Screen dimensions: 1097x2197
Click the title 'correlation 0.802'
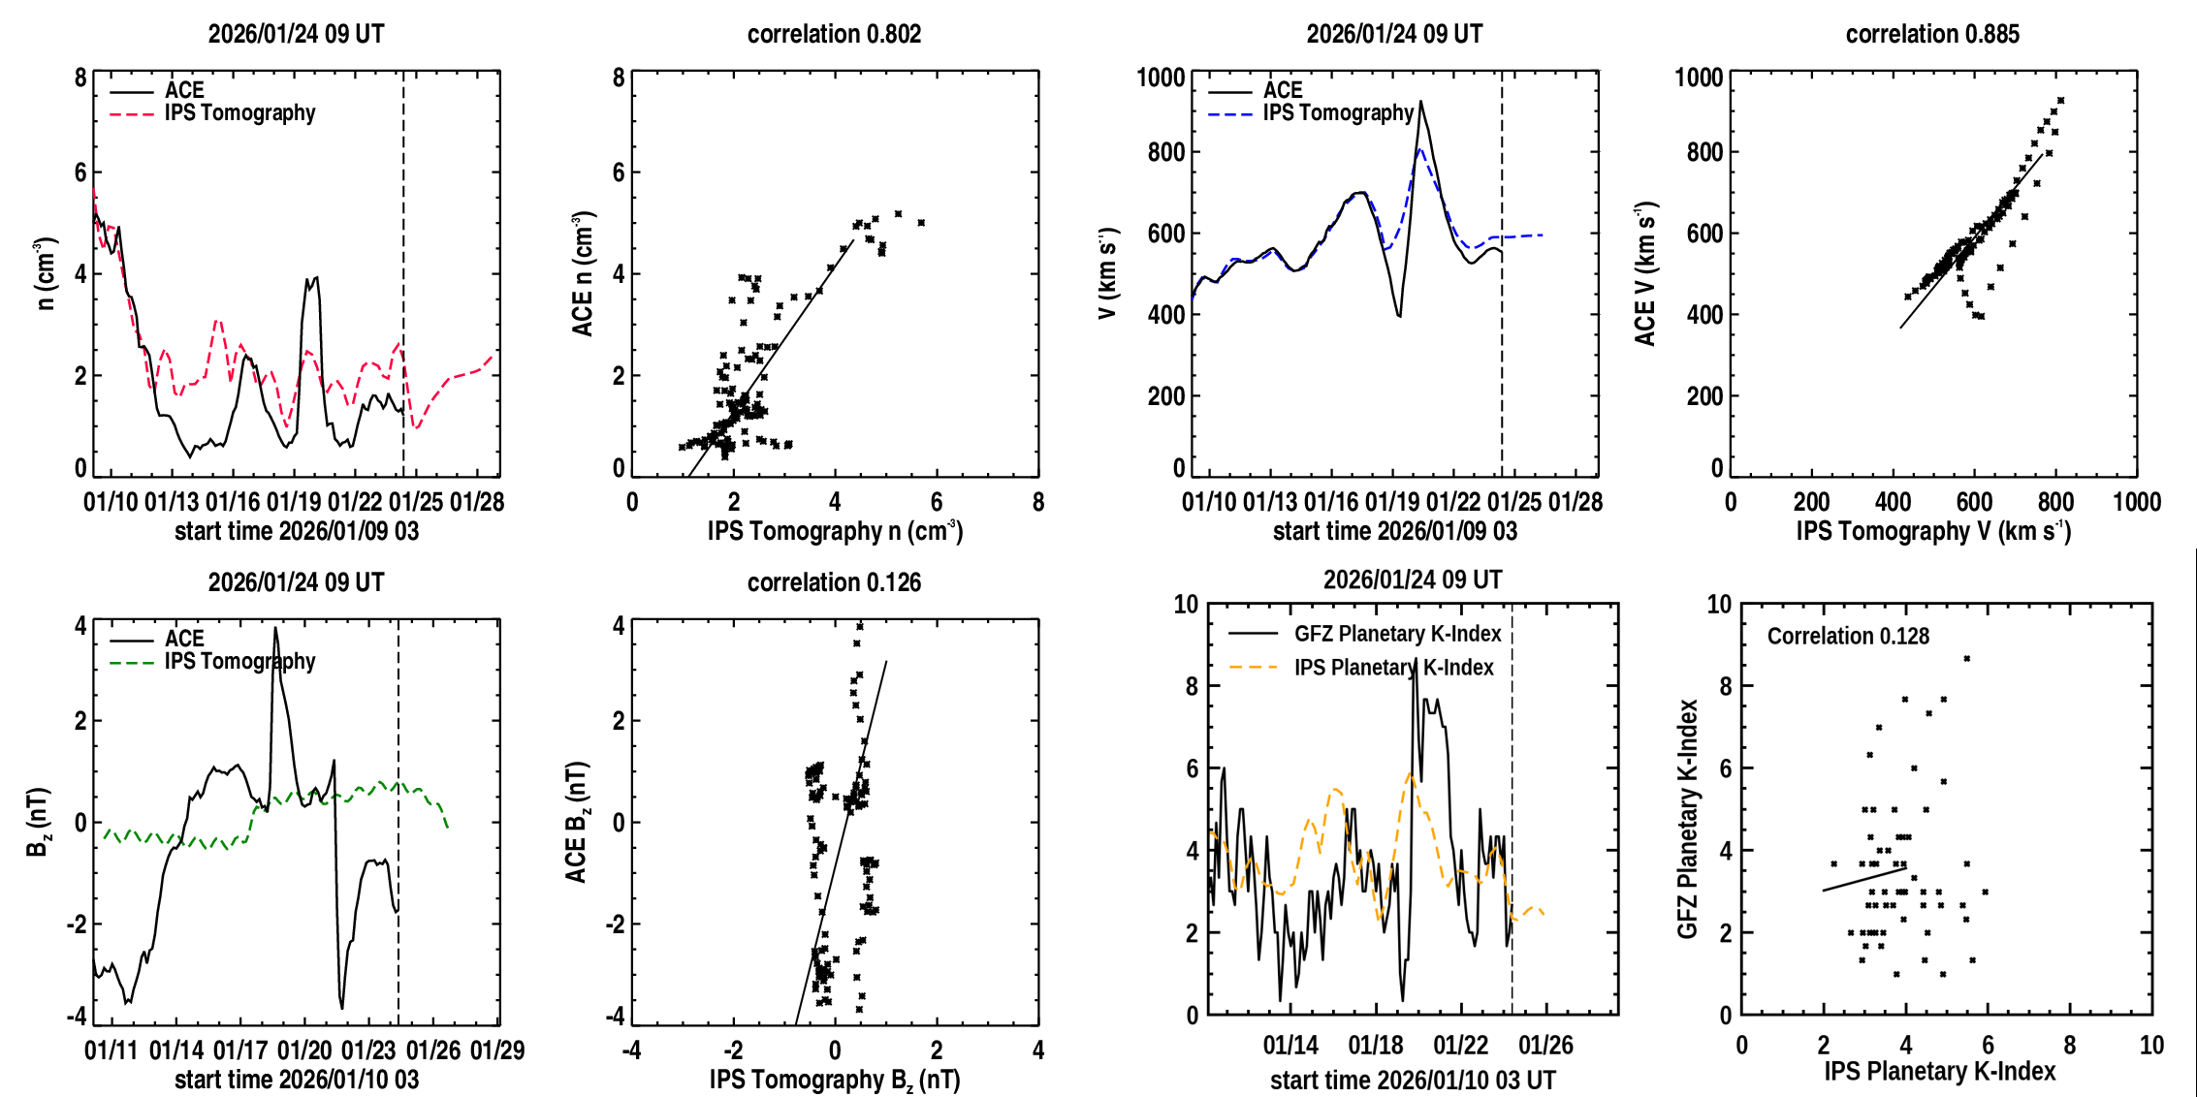point(834,34)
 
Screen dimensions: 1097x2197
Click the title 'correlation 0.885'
point(1932,34)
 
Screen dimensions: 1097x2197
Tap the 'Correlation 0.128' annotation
point(1848,636)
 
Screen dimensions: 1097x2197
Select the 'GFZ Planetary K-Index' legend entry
point(1397,634)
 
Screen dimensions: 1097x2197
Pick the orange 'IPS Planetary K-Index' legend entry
point(1393,668)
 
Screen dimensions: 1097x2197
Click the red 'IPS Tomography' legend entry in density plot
point(239,113)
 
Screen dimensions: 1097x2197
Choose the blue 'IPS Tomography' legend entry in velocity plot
point(1338,113)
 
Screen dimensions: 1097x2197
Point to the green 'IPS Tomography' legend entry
point(239,662)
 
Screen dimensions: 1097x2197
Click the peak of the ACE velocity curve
point(1421,101)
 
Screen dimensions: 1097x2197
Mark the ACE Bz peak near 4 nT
point(275,628)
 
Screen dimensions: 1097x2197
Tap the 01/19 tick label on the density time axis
point(294,502)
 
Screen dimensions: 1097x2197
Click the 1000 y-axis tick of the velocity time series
point(1161,77)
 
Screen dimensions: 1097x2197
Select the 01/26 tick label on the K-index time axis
point(1545,1046)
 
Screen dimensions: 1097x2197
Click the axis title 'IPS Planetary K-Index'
point(1940,1071)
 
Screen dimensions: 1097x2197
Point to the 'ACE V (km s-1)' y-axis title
point(1645,273)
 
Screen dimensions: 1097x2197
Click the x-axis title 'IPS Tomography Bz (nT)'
point(834,1080)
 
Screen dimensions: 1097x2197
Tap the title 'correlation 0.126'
point(834,582)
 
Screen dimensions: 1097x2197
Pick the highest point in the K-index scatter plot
point(1967,659)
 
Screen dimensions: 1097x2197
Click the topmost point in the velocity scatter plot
point(2061,101)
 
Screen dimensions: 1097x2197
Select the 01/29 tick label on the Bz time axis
point(497,1050)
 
